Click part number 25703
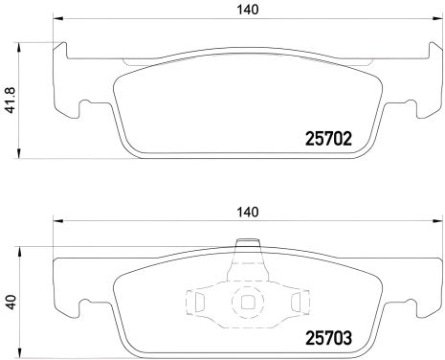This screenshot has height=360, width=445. click(x=329, y=337)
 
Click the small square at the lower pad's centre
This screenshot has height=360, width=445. click(x=248, y=302)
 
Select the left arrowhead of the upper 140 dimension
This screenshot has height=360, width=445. click(x=57, y=21)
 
